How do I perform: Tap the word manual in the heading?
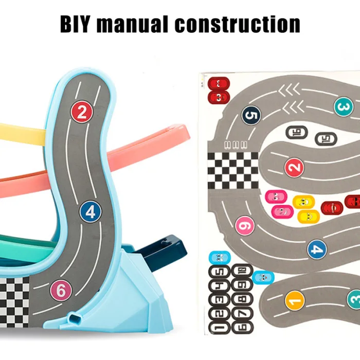(132, 24)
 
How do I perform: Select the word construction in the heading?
(238, 24)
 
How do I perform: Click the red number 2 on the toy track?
(82, 112)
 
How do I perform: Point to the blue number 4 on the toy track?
(91, 212)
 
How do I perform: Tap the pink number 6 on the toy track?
(61, 290)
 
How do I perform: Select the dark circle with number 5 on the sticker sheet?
(251, 115)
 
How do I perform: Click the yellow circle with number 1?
(295, 301)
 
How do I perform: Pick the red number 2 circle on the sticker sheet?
(294, 168)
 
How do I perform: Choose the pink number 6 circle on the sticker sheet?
(245, 225)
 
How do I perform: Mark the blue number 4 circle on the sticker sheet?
(317, 249)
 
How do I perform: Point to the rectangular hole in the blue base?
(75, 318)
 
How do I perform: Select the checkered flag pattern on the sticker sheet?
(233, 171)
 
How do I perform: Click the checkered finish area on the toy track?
(14, 302)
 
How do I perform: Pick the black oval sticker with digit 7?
(242, 313)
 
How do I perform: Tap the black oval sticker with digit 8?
(242, 299)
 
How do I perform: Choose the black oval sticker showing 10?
(242, 271)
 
